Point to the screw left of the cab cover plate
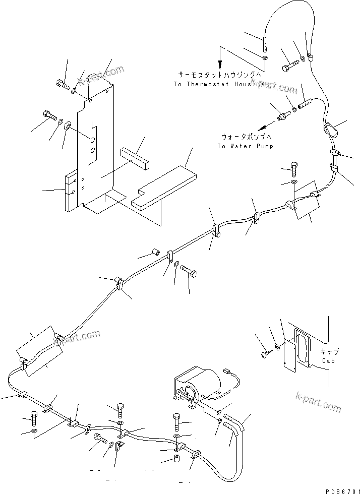pos(265,356)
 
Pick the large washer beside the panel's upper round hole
pos(67,125)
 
